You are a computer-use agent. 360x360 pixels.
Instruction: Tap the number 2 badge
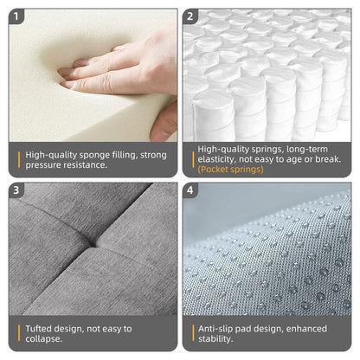[191, 16]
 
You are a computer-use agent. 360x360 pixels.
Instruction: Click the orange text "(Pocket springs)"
[229, 169]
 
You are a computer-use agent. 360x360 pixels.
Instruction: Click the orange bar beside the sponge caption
[18, 159]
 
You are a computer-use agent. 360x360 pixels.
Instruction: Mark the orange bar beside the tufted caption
[18, 333]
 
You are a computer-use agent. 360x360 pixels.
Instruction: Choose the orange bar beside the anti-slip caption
[190, 333]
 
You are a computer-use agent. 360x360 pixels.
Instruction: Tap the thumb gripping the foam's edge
[162, 125]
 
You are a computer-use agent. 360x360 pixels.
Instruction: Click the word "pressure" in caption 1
[45, 164]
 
